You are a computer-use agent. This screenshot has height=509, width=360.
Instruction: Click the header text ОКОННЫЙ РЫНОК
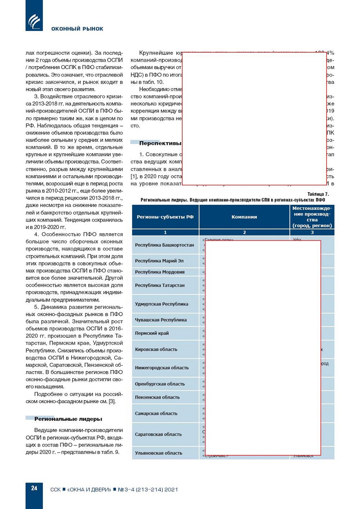click(x=77, y=29)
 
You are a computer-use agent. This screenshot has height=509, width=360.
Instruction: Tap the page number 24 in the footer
click(x=34, y=488)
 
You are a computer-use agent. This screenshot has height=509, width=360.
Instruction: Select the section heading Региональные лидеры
click(x=68, y=419)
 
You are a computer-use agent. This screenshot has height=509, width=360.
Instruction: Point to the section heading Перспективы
click(x=160, y=143)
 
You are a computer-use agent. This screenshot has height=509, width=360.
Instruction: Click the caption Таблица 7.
click(x=318, y=194)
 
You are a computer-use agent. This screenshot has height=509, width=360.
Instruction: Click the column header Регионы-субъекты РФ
click(x=165, y=217)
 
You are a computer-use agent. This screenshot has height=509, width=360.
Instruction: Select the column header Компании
click(x=244, y=217)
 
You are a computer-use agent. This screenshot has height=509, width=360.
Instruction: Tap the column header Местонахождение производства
click(x=312, y=217)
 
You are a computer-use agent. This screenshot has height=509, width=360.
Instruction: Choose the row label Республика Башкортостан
click(x=164, y=245)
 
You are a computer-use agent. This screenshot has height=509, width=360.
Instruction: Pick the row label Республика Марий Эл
click(x=159, y=261)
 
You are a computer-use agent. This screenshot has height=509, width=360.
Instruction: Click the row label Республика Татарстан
click(x=159, y=285)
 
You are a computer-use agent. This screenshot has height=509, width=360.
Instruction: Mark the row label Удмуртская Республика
click(x=161, y=304)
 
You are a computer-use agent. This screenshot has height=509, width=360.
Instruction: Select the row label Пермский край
click(x=152, y=333)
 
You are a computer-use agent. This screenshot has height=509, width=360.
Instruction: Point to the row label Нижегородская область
click(x=162, y=368)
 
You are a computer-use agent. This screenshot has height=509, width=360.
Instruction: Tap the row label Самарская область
click(x=156, y=413)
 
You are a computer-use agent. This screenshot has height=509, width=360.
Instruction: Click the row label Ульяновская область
click(x=158, y=453)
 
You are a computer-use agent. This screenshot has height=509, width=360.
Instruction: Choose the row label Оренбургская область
click(x=160, y=384)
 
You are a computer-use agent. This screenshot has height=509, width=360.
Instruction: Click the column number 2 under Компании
click(x=244, y=232)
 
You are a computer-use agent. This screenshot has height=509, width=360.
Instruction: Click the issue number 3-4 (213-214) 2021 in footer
click(x=151, y=490)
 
